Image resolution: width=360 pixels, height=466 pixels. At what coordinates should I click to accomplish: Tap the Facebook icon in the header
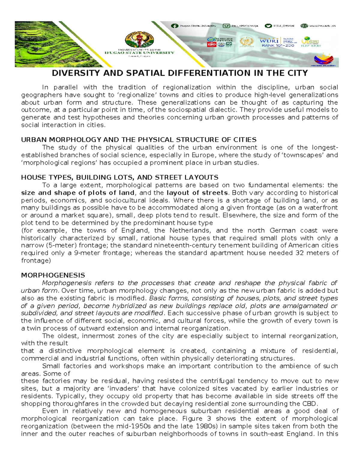tap(174, 26)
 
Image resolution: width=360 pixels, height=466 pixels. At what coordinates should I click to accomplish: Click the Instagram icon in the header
tap(226, 26)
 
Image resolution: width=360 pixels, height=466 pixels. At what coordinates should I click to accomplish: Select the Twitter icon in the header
tap(268, 26)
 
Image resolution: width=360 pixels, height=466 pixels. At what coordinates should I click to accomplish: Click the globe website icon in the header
tap(304, 26)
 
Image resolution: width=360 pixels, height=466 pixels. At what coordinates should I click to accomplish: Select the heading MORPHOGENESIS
tap(53, 275)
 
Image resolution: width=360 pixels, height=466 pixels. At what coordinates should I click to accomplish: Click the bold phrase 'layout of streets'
tap(197, 193)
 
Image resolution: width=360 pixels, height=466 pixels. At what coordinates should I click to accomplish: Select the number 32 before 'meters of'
tap(300, 253)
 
